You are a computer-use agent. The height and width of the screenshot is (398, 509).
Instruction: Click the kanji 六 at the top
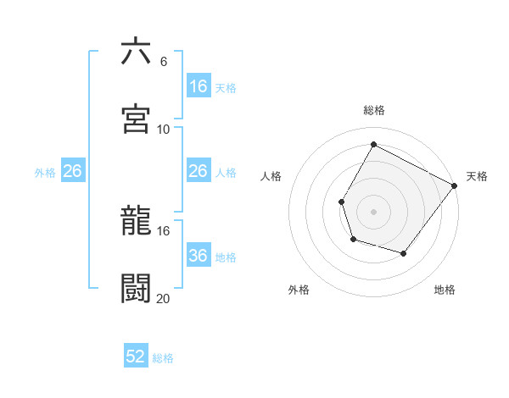pos(137,52)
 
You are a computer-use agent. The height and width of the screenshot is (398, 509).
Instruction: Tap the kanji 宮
pos(137,119)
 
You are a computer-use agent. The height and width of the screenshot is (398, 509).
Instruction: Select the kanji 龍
pos(137,220)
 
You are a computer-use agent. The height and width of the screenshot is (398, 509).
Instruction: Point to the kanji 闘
pos(137,287)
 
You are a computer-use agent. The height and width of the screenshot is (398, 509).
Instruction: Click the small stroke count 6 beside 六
pos(163,61)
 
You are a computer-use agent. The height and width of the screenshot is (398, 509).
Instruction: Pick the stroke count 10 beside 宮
pos(164,129)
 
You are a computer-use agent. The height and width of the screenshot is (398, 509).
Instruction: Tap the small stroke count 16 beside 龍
pos(164,230)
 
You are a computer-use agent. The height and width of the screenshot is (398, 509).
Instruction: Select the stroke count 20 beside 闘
pos(164,297)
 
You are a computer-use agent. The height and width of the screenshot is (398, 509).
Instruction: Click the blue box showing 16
pos(199,86)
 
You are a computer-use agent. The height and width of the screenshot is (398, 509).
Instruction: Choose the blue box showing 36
pos(199,256)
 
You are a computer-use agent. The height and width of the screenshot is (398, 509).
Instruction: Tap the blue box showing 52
pos(136,357)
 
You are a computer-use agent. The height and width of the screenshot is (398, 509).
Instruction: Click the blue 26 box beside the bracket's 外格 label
pos(73,171)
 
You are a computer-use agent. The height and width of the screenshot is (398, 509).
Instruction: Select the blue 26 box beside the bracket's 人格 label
pos(199,171)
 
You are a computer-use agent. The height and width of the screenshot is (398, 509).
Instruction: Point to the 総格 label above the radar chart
pos(374,110)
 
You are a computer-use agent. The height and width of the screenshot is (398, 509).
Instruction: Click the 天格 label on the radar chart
pos(477,176)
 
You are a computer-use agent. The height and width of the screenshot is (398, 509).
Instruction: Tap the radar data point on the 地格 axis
pos(404,253)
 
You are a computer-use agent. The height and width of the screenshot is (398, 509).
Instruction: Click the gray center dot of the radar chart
pos(374,212)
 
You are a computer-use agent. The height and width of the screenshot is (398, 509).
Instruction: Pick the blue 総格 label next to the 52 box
pos(163,358)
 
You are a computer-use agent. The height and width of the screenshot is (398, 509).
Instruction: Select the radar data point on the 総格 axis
pos(374,144)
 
